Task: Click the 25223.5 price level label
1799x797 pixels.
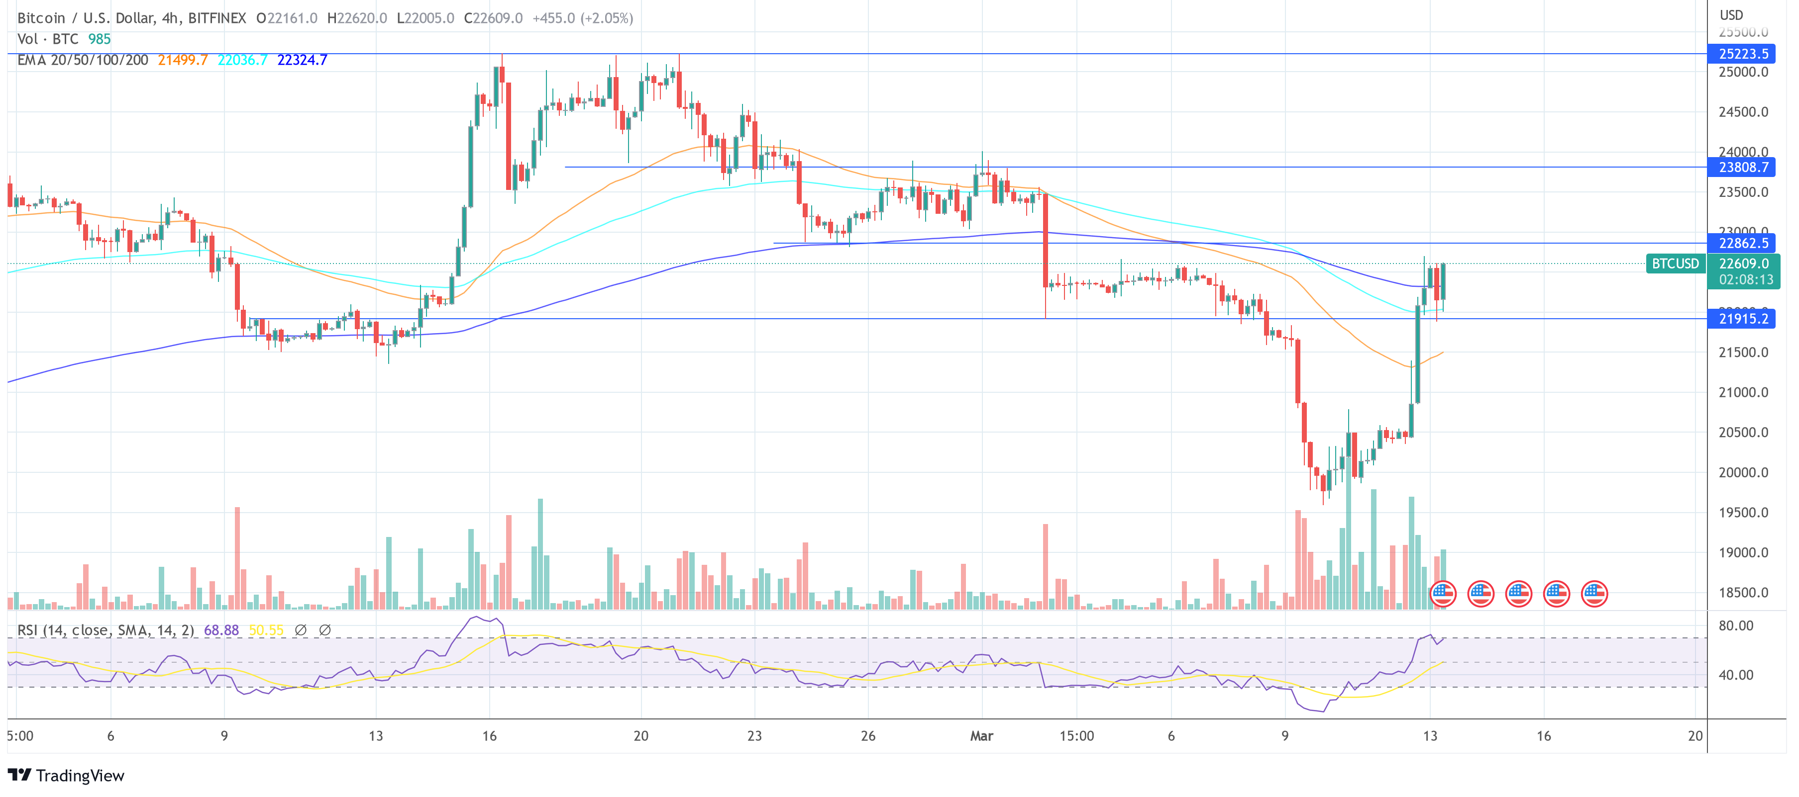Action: click(1743, 54)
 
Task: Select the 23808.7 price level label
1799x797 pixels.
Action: click(1743, 167)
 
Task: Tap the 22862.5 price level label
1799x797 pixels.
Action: click(1743, 243)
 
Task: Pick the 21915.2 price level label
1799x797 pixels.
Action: click(1743, 319)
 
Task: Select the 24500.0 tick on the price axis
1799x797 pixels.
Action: click(1743, 112)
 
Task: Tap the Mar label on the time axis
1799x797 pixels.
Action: click(981, 735)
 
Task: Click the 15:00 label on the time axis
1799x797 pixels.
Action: click(1076, 735)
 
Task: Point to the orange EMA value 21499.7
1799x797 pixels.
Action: click(182, 60)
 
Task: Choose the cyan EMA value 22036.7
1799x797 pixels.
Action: click(242, 60)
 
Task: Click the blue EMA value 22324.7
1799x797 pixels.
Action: click(302, 60)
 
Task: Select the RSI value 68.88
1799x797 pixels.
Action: click(220, 630)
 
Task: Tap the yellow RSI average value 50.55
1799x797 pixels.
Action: click(266, 630)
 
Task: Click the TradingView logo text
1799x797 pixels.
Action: click(80, 775)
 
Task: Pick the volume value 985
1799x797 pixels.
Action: click(99, 39)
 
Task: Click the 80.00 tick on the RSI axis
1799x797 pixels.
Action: click(1735, 625)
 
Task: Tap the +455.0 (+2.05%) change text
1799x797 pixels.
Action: click(582, 18)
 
